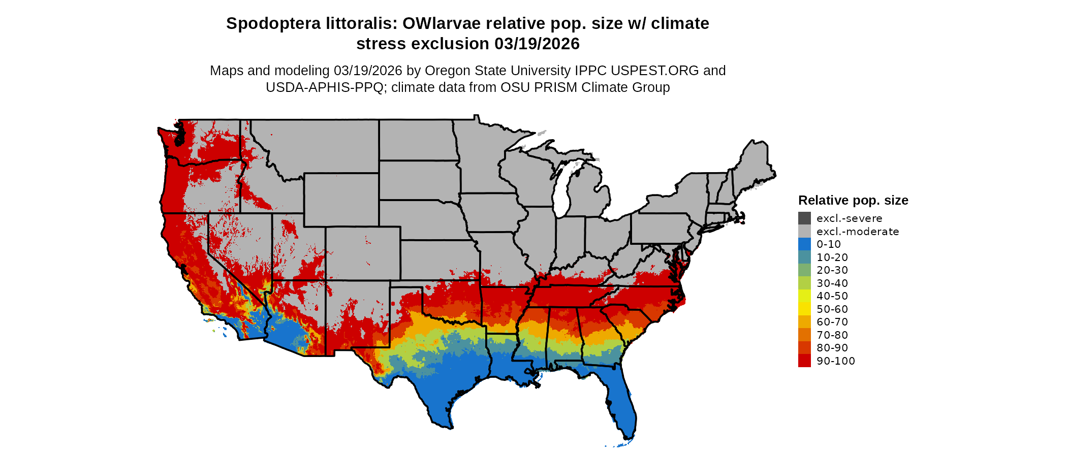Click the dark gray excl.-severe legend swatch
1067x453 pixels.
pyautogui.click(x=804, y=218)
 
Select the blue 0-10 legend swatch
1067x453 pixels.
pyautogui.click(x=804, y=244)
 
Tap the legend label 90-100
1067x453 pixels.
pyautogui.click(x=835, y=361)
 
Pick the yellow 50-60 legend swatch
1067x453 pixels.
pyautogui.click(x=804, y=309)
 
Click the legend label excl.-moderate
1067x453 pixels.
pyautogui.click(x=857, y=232)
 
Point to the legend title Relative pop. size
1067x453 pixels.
pyautogui.click(x=853, y=200)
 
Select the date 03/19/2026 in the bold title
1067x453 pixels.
pyautogui.click(x=537, y=44)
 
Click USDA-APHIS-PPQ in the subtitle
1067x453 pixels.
pyautogui.click(x=325, y=87)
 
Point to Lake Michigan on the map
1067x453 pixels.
pyautogui.click(x=562, y=193)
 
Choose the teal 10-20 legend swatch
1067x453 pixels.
pyautogui.click(x=804, y=257)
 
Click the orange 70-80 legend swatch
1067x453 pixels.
pyautogui.click(x=804, y=335)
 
